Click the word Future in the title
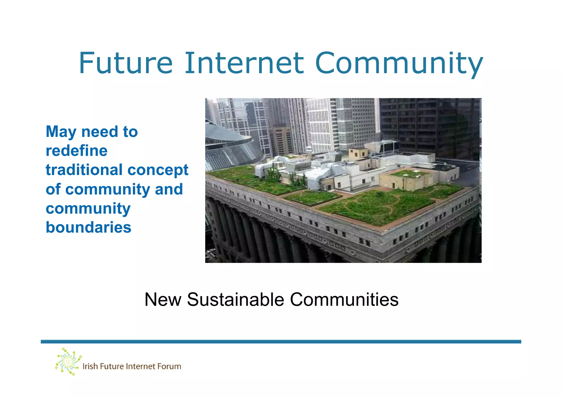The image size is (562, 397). tap(126, 63)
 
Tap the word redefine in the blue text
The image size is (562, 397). tap(77, 151)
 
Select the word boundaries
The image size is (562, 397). tap(88, 227)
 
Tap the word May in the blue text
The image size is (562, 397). tap(61, 132)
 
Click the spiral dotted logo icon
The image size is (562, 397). tap(68, 362)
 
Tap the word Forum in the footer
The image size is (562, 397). tap(169, 366)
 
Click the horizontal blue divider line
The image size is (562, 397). tap(281, 342)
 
